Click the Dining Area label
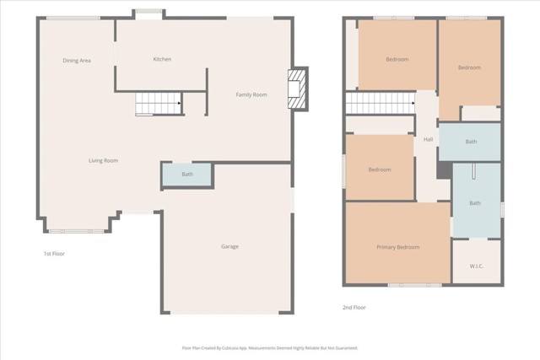pos(77,61)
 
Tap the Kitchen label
pos(162,59)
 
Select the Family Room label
pos(251,94)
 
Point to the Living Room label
pos(104,160)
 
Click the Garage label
pos(229,246)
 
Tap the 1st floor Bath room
pos(186,175)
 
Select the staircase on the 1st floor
pos(159,104)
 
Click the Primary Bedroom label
pos(397,247)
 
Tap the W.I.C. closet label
pos(476,266)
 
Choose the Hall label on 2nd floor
pos(428,139)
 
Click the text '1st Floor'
pos(53,253)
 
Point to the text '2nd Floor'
pos(354,307)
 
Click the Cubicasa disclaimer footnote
pos(270,347)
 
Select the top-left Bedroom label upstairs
pos(397,59)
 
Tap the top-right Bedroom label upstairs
pos(469,67)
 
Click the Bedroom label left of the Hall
pos(380,169)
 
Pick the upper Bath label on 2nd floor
pos(471,142)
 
